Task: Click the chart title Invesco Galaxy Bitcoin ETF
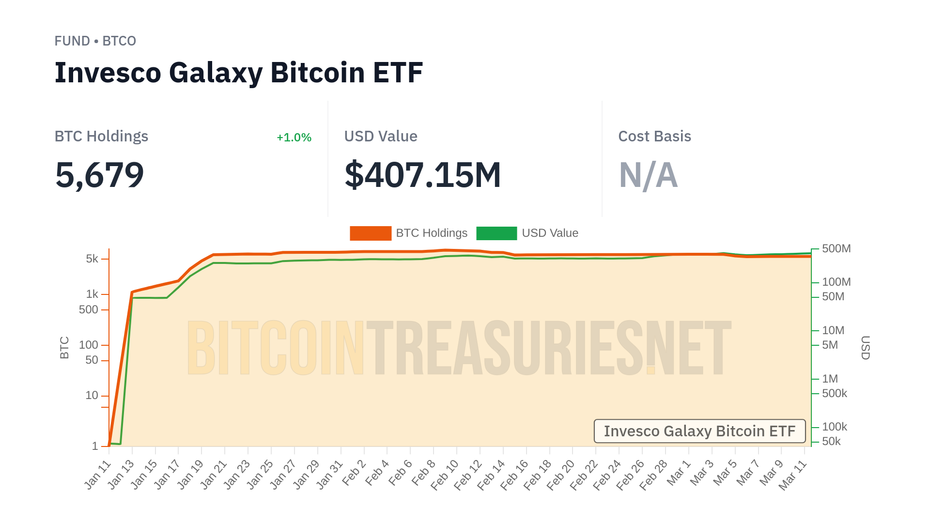(x=238, y=73)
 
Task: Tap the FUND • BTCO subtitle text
(x=95, y=41)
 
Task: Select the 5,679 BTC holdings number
(x=99, y=175)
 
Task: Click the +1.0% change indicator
(x=294, y=138)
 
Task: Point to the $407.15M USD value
(x=422, y=175)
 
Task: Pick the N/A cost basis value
(x=648, y=175)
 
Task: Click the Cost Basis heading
(x=654, y=137)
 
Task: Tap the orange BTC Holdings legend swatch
(x=370, y=233)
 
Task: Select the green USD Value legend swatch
(x=496, y=233)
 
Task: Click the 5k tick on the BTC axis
(x=92, y=259)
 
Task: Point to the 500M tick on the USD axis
(x=836, y=249)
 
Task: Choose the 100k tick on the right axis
(x=834, y=427)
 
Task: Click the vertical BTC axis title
(x=64, y=348)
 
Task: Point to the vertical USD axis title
(x=865, y=348)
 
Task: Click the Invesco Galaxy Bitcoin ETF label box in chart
(x=699, y=431)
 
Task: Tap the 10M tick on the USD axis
(x=833, y=331)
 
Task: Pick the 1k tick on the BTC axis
(x=92, y=294)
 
